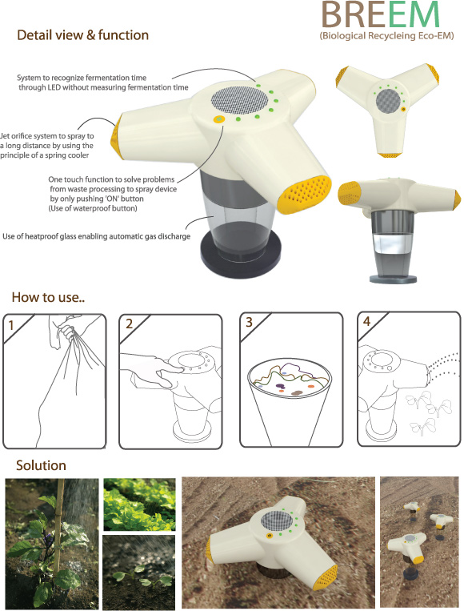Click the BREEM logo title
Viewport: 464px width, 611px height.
click(381, 14)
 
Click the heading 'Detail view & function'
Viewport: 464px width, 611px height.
click(83, 35)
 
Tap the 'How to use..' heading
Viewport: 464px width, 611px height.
click(48, 297)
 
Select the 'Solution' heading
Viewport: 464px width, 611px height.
click(41, 465)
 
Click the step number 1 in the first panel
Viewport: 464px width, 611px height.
click(11, 325)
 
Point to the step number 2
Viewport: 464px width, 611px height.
click(130, 324)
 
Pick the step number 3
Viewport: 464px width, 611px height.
click(249, 322)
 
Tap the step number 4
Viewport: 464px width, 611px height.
click(366, 320)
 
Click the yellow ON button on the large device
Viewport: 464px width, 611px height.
click(219, 119)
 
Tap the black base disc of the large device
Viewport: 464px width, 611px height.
click(241, 258)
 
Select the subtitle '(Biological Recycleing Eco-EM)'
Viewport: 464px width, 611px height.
click(386, 36)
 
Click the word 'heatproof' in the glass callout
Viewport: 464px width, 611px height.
click(42, 236)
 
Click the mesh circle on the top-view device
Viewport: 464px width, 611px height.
click(389, 101)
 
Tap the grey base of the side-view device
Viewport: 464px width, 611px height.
click(393, 279)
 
